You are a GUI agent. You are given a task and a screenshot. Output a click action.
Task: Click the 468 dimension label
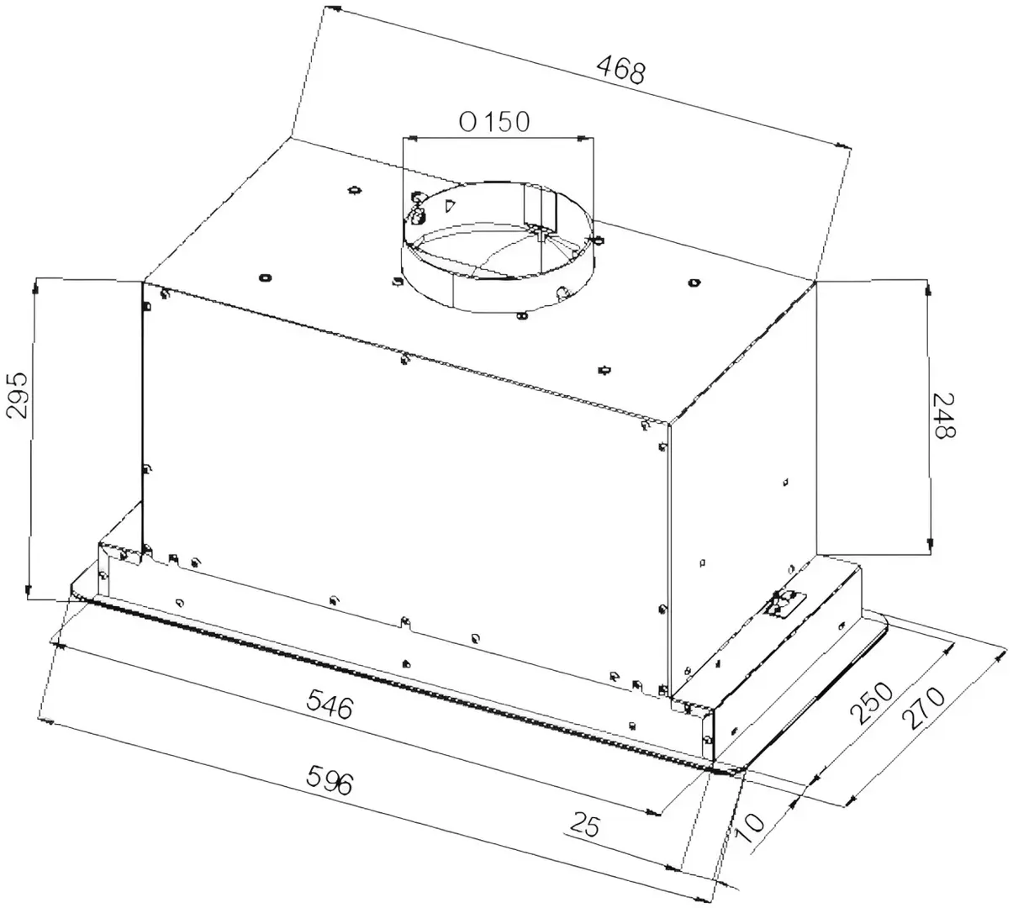click(621, 70)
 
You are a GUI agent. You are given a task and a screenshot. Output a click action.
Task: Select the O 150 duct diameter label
click(493, 122)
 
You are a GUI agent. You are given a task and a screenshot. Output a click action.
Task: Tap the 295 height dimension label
click(18, 394)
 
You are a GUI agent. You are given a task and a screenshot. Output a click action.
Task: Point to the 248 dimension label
click(943, 415)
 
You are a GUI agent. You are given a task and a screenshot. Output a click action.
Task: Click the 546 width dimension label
click(330, 703)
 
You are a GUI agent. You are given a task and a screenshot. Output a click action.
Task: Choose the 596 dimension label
click(330, 780)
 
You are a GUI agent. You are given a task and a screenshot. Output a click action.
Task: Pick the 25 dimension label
click(584, 825)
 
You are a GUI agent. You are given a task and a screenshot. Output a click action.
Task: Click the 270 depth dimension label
click(924, 709)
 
